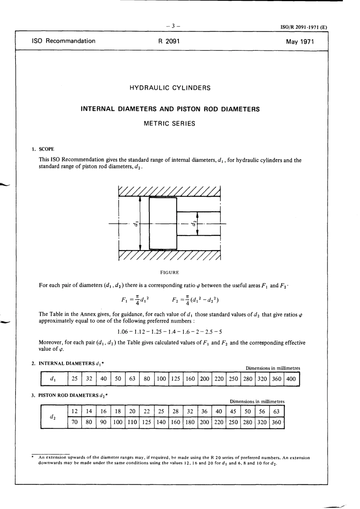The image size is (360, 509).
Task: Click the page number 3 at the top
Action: click(x=173, y=26)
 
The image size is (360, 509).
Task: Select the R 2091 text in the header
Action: click(x=169, y=41)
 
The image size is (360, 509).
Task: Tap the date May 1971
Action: click(x=300, y=42)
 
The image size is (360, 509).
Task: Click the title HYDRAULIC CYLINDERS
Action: click(x=170, y=88)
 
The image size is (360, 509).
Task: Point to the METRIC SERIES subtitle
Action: click(x=170, y=123)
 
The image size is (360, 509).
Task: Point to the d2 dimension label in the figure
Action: click(x=194, y=224)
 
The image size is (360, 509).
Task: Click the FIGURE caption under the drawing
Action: click(x=170, y=272)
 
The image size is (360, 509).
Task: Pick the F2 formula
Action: click(x=195, y=300)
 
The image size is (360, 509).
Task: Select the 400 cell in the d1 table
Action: click(x=291, y=379)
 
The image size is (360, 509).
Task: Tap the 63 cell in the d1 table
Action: click(x=132, y=379)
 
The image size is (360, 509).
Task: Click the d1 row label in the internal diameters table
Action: click(x=53, y=379)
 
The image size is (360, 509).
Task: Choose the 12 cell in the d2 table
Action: click(x=75, y=411)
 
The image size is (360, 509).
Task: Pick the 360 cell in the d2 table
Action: click(x=276, y=422)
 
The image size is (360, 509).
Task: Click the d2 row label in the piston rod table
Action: click(x=53, y=417)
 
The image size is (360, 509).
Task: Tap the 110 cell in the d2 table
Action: click(x=132, y=422)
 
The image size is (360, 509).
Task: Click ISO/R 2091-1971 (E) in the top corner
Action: click(x=303, y=27)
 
